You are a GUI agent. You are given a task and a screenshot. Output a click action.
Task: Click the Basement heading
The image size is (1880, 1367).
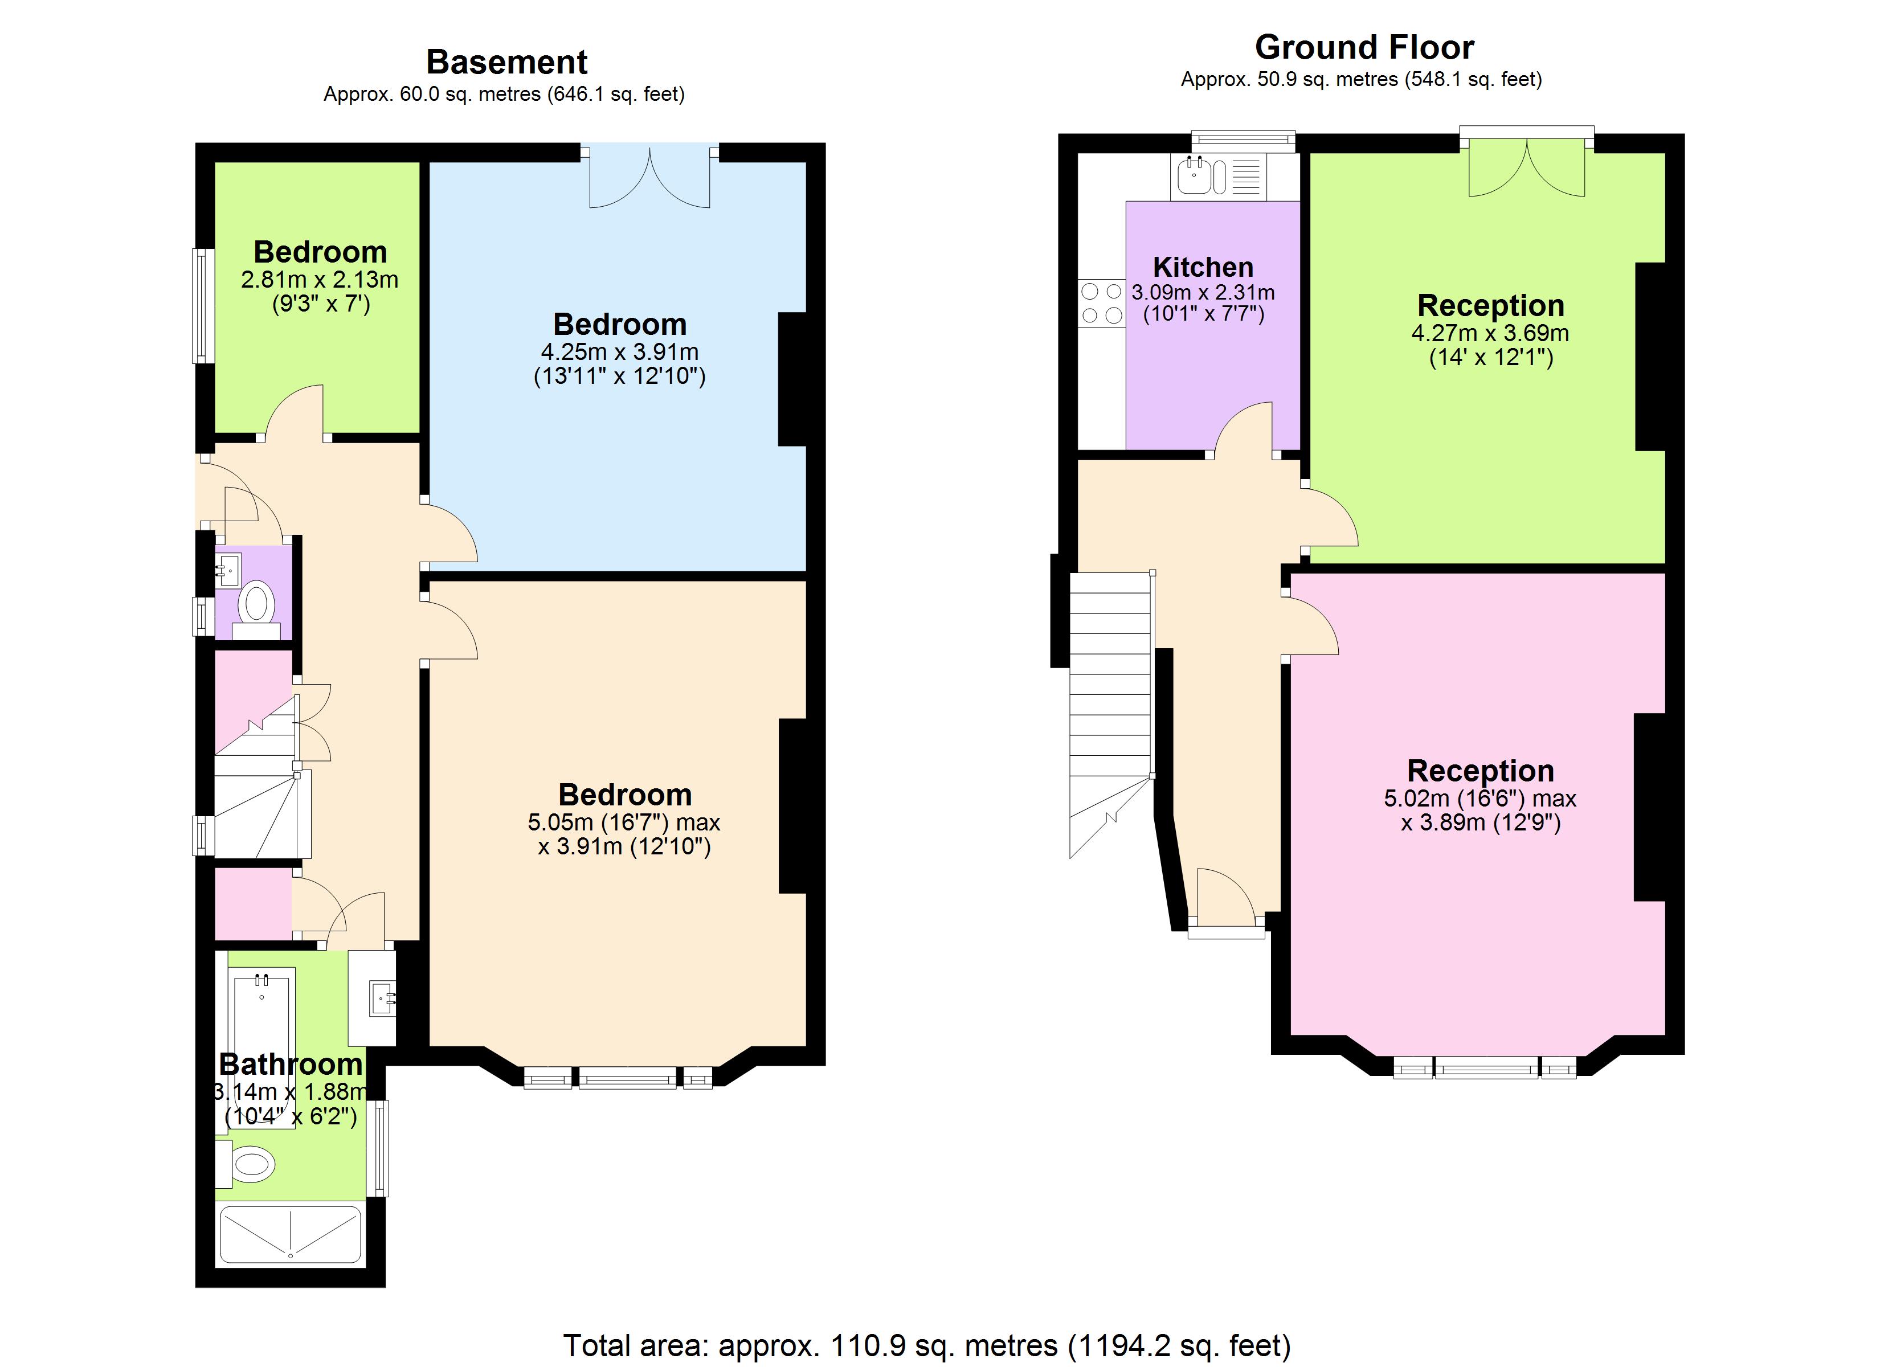pyautogui.click(x=506, y=62)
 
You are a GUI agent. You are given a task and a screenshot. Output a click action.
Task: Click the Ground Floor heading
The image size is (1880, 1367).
pyautogui.click(x=1364, y=47)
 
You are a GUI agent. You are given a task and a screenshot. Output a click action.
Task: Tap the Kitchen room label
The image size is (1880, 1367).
pyautogui.click(x=1203, y=267)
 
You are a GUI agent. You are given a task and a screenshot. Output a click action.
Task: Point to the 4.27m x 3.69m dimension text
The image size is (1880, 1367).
pyautogui.click(x=1490, y=333)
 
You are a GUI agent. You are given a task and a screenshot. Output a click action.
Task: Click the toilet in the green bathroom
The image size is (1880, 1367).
pyautogui.click(x=249, y=1164)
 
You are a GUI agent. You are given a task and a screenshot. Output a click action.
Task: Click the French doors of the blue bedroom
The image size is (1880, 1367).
pyautogui.click(x=650, y=179)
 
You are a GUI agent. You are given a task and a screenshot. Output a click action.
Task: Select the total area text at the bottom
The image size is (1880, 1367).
pyautogui.click(x=927, y=1345)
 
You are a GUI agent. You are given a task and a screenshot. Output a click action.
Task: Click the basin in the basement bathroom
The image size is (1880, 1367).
pyautogui.click(x=383, y=997)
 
